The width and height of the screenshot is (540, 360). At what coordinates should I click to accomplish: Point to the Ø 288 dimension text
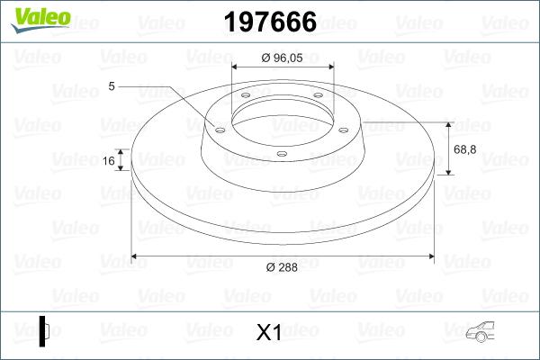(281, 268)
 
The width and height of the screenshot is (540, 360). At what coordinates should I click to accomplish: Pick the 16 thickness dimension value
(109, 161)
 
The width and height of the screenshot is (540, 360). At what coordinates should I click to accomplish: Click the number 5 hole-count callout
(112, 86)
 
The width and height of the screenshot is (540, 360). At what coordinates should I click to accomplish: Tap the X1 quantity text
(269, 332)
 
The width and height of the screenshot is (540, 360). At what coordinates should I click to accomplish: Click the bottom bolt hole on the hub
(282, 154)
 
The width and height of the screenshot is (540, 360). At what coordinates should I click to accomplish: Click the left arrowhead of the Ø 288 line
(136, 256)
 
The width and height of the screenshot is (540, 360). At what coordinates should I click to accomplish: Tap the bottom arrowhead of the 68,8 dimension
(447, 171)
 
